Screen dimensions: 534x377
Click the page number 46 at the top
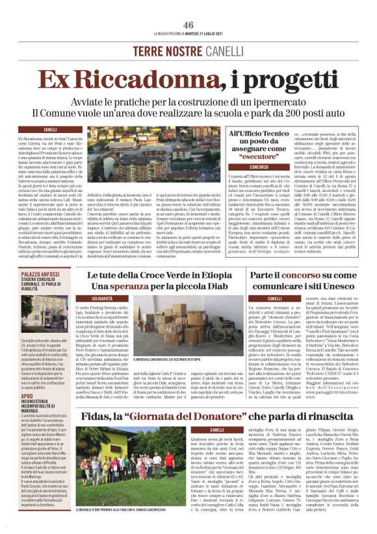pyautogui.click(x=188, y=25)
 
